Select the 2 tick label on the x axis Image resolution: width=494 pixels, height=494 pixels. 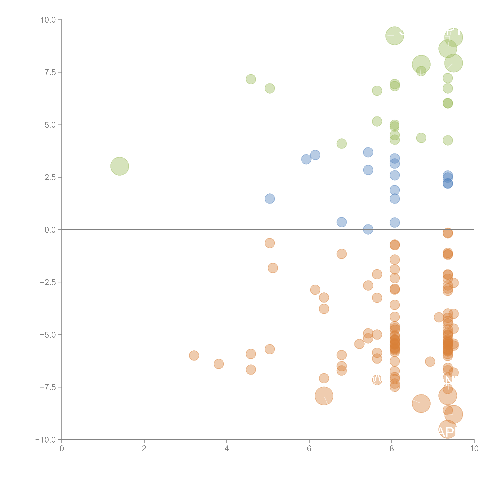[144, 449]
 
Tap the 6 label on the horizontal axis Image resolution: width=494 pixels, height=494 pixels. [309, 449]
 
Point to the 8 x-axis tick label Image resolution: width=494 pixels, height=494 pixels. [392, 449]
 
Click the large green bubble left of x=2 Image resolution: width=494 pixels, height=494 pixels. [120, 166]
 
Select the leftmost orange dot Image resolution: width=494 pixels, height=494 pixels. [194, 355]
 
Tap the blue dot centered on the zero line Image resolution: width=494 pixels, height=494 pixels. [368, 229]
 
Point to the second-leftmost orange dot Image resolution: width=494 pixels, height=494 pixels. [219, 364]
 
